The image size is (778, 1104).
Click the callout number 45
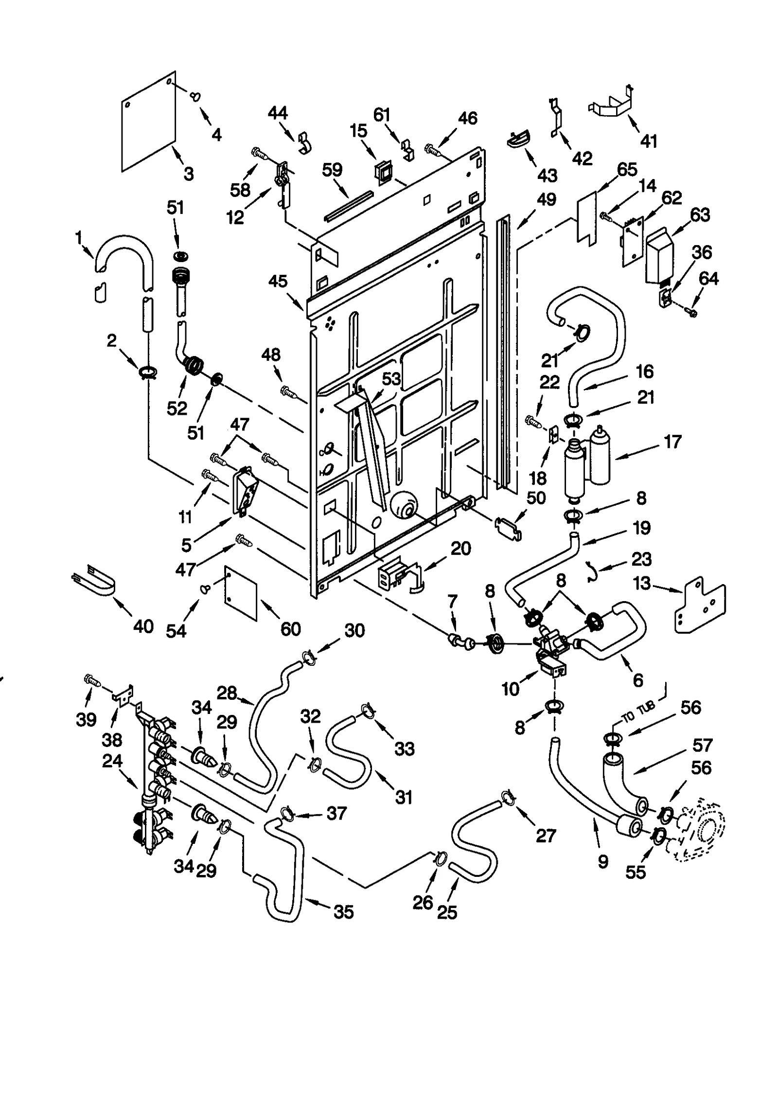tap(278, 281)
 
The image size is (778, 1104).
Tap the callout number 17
tap(672, 442)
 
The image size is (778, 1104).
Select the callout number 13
tap(642, 583)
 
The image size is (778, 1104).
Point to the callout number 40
tap(143, 626)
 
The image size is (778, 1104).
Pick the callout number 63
tap(700, 214)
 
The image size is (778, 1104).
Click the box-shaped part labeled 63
tap(659, 257)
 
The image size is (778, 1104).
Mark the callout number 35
tap(344, 912)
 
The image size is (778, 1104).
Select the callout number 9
tap(603, 862)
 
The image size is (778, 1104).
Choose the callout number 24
tap(112, 761)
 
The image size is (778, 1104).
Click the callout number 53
tap(391, 379)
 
